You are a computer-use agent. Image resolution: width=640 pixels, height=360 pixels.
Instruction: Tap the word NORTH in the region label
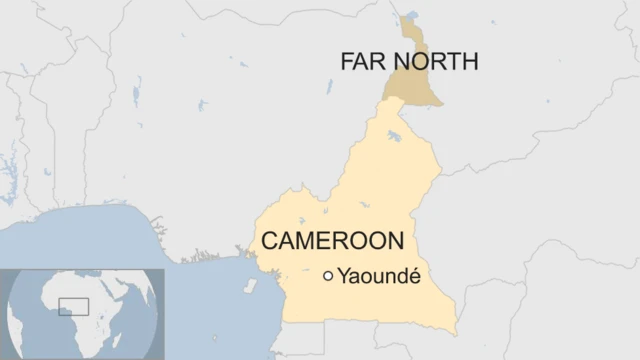click(435, 62)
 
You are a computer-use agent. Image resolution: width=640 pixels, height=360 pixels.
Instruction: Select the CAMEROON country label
click(332, 241)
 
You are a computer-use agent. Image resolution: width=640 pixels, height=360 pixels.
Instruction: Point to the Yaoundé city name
click(379, 276)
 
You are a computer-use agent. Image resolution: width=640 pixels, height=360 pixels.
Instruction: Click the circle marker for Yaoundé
click(328, 276)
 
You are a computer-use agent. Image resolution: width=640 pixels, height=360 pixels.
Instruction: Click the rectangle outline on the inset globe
click(73, 306)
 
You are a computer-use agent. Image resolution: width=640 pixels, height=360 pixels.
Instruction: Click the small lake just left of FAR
click(327, 88)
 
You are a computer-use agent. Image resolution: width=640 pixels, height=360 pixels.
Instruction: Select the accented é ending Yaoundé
click(413, 276)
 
